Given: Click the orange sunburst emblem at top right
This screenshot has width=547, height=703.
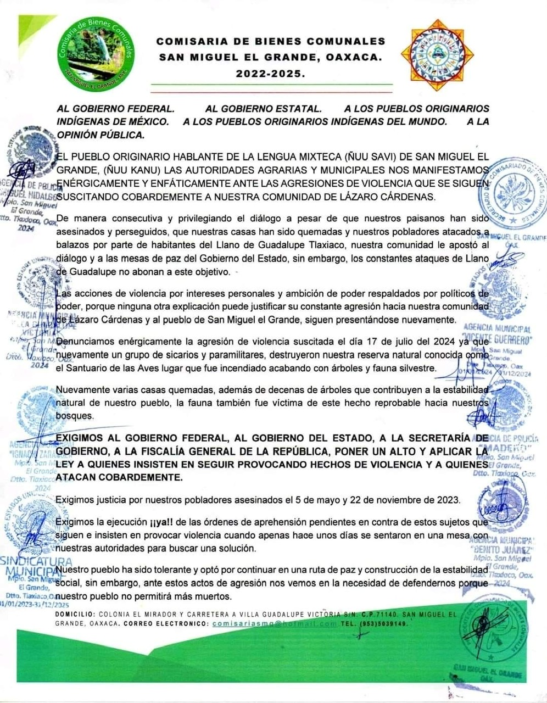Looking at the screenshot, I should coord(437,55).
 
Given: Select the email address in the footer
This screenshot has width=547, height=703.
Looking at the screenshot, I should coord(274,624).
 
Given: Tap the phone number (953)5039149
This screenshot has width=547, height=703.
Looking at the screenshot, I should coord(384,624).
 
